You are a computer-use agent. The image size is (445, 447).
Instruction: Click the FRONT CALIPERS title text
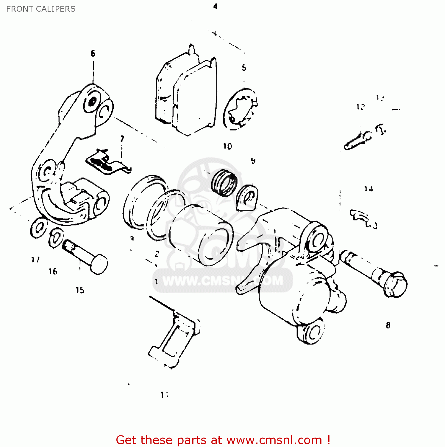tap(41, 9)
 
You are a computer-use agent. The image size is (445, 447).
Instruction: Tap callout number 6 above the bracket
tap(93, 53)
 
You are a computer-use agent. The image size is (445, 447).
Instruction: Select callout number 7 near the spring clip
tap(122, 139)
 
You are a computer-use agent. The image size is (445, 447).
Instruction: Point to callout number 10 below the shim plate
tap(227, 146)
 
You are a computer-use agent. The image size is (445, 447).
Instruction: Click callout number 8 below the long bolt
tap(388, 325)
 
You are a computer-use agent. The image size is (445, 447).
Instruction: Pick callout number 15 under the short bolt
tap(80, 290)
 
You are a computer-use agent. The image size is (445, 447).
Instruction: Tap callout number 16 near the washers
tap(53, 271)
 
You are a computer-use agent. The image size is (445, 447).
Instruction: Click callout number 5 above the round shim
tap(244, 68)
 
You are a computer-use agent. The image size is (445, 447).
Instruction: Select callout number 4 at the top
tap(215, 6)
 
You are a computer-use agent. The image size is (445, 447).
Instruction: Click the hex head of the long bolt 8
tap(395, 285)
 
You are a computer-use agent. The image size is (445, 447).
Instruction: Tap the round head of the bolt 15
tap(99, 264)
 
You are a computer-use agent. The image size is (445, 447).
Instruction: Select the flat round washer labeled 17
tap(39, 228)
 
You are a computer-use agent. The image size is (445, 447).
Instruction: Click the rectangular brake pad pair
tap(186, 92)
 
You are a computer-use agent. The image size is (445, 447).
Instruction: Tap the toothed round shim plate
tap(240, 109)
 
